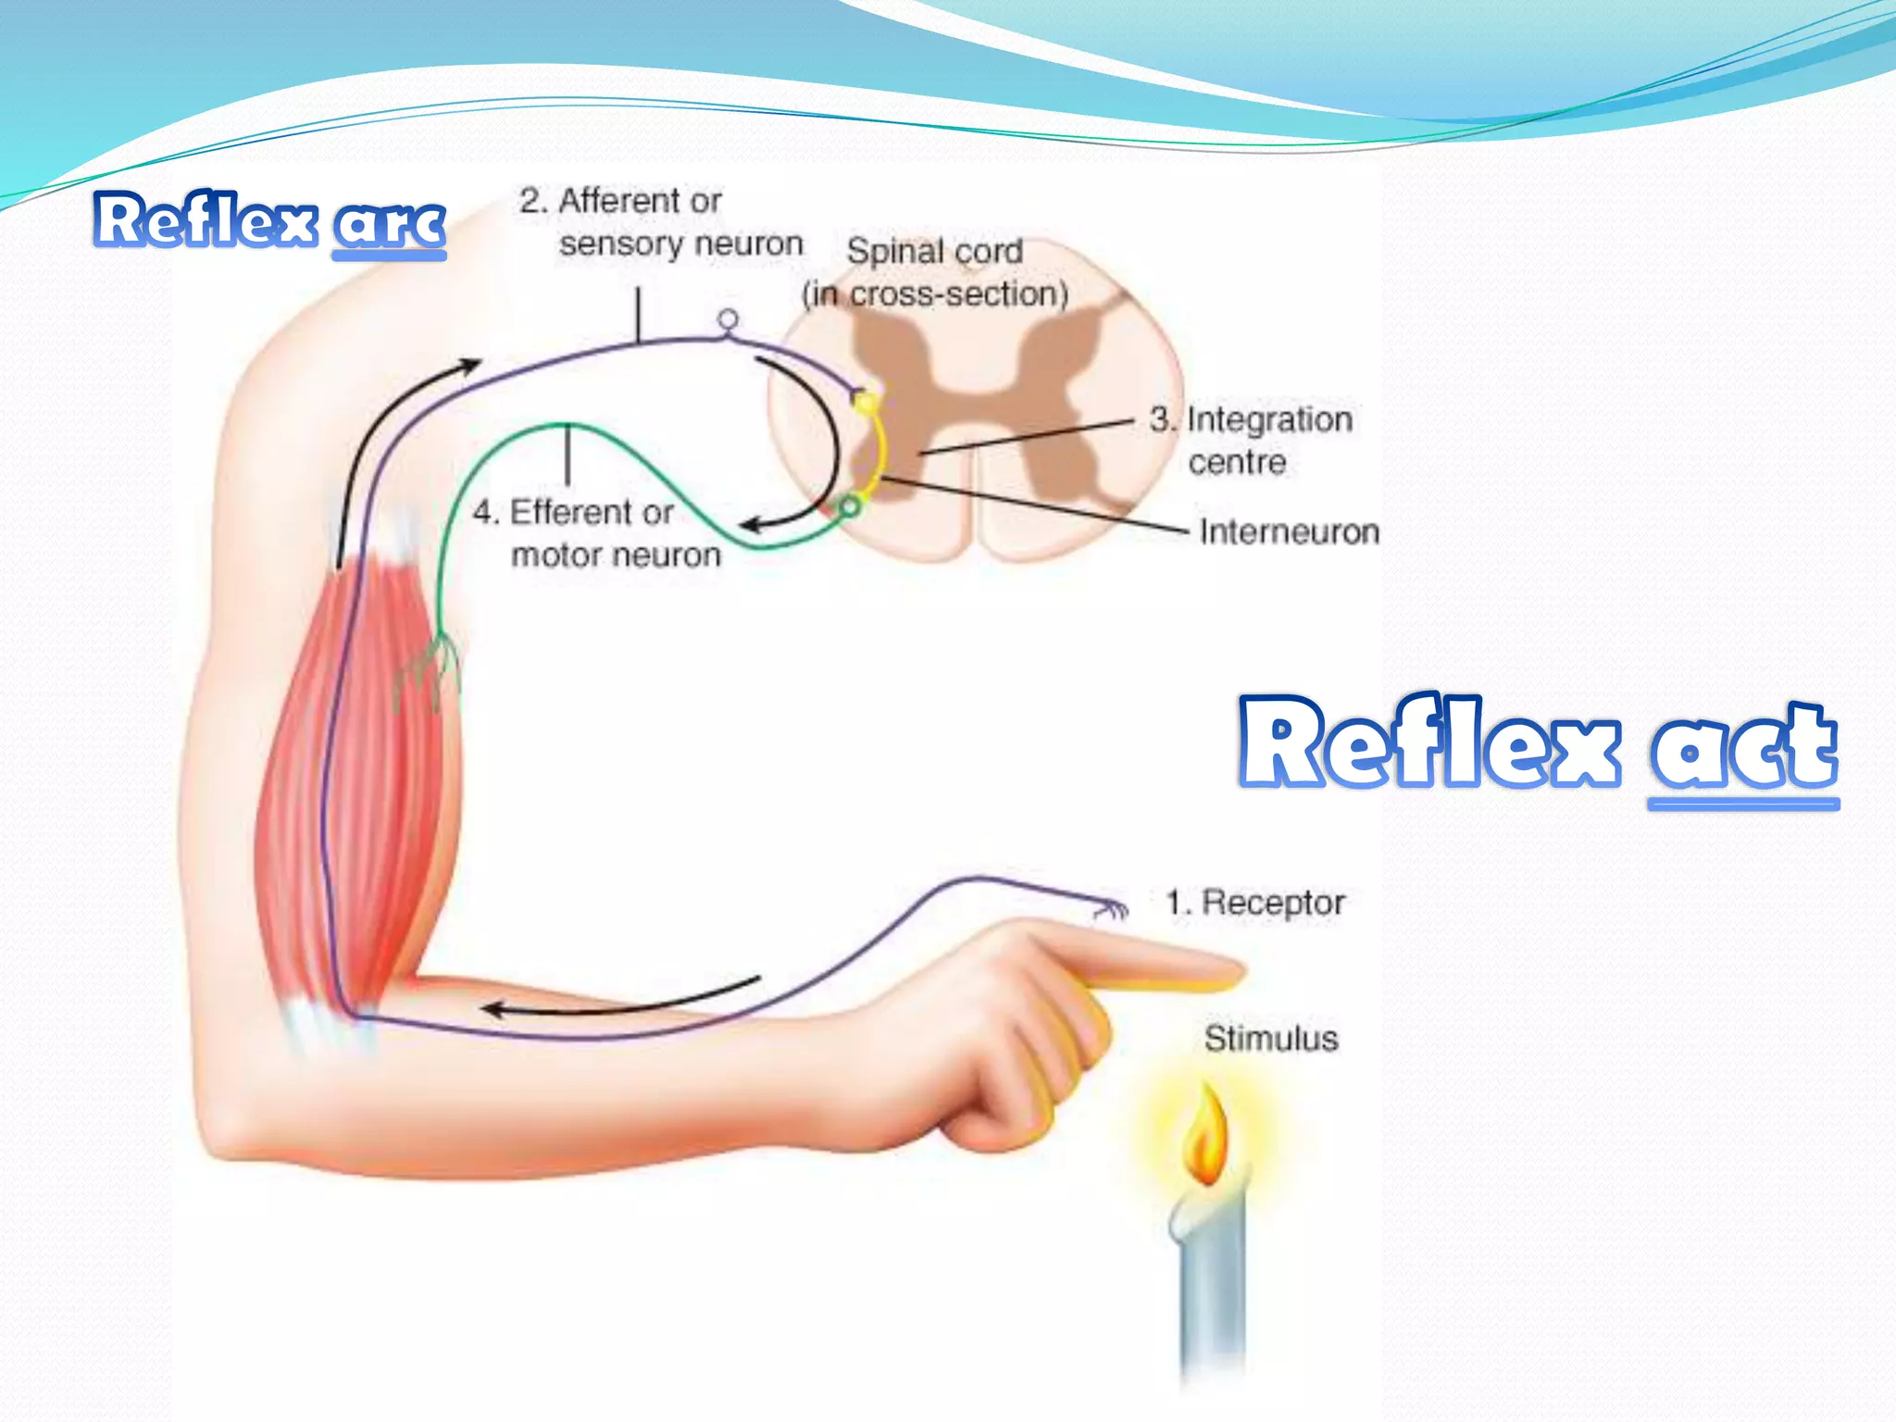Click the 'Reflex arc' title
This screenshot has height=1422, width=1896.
[x=268, y=221]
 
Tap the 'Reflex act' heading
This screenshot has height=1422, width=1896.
[x=1538, y=746]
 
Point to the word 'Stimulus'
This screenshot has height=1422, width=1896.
[x=1270, y=1039]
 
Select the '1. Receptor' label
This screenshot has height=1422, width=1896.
[x=1254, y=903]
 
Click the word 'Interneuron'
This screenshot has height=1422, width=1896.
[x=1289, y=532]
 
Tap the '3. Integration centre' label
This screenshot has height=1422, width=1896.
[x=1250, y=441]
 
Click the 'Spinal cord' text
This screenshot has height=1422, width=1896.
[x=934, y=251]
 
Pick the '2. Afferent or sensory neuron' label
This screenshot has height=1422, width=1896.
[x=661, y=223]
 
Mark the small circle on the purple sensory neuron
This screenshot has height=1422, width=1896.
[x=729, y=320]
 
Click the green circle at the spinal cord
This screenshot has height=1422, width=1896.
[x=849, y=506]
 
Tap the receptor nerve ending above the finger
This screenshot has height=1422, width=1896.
[x=1108, y=908]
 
